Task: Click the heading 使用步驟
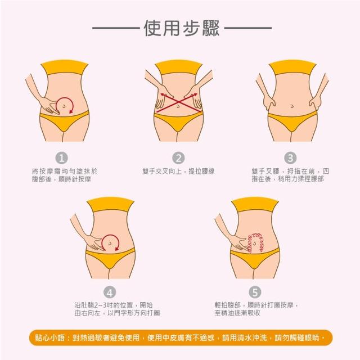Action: (182, 28)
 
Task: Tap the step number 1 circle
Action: (61, 158)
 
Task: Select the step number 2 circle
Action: (178, 158)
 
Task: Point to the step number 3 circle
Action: (290, 158)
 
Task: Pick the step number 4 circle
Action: (110, 292)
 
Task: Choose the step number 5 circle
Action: (255, 292)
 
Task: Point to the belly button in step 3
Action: (292, 106)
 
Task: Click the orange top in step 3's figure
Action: (292, 67)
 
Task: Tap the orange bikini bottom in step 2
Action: (178, 120)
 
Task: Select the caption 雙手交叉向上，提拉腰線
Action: (178, 171)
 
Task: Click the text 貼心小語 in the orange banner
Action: (50, 337)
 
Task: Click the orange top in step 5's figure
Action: (255, 204)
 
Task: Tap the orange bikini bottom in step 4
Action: (110, 258)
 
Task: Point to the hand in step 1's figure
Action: (49, 106)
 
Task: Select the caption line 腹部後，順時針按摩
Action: (61, 179)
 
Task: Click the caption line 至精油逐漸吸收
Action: (237, 313)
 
